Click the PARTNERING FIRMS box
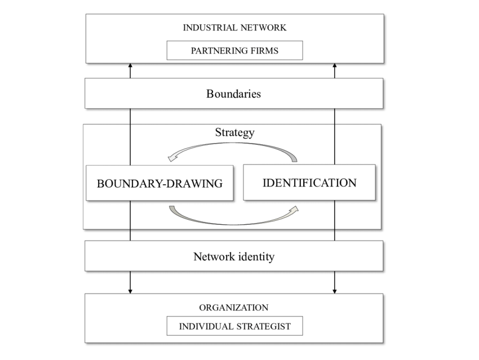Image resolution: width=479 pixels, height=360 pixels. coord(234,51)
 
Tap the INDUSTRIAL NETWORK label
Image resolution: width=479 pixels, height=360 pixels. coord(234,27)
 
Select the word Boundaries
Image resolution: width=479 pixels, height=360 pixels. coord(233,94)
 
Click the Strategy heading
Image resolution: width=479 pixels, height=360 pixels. coord(234,133)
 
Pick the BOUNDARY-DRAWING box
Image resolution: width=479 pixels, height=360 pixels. coord(159,183)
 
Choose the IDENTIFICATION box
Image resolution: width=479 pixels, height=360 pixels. coord(309,183)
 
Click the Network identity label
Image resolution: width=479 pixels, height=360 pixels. coord(234,257)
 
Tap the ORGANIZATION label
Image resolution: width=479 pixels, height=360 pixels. coord(233,308)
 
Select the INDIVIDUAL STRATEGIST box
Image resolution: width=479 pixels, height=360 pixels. coord(234,326)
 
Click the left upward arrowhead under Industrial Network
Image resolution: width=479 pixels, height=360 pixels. coord(130,66)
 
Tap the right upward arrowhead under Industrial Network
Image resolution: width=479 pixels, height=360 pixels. coord(335,66)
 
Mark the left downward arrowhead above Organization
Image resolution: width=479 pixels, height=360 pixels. coord(130,291)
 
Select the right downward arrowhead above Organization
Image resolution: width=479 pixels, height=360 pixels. coord(335,291)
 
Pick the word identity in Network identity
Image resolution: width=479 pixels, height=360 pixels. coord(256,257)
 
